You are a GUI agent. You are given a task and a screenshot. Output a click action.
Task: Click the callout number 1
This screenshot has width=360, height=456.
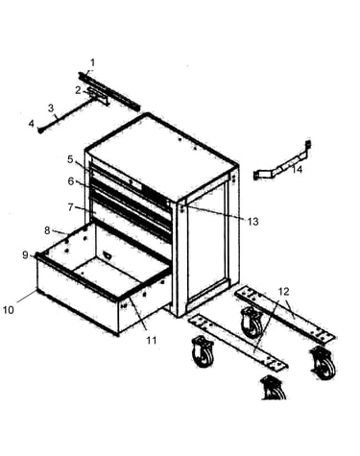click(x=93, y=62)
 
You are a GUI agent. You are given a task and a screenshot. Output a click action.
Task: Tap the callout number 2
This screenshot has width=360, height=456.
click(x=79, y=90)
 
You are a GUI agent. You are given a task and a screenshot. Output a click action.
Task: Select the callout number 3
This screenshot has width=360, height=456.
click(x=51, y=108)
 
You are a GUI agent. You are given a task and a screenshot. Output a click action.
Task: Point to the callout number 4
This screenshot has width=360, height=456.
click(x=32, y=123)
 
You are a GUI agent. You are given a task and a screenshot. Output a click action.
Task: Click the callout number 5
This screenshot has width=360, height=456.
click(x=70, y=159)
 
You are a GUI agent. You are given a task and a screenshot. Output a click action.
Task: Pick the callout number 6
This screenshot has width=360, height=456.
click(x=71, y=181)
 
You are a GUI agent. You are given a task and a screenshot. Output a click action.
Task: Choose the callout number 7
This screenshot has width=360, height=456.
click(x=71, y=207)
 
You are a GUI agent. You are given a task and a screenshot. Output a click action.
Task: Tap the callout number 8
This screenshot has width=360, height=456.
click(x=47, y=230)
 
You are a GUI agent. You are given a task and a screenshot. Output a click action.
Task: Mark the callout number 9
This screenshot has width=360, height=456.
click(x=26, y=255)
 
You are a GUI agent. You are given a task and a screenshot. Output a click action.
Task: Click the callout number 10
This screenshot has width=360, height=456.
click(x=9, y=310)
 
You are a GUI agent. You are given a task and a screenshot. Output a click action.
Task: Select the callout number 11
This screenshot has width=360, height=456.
click(x=152, y=340)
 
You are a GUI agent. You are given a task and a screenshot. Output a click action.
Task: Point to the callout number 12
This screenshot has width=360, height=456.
click(x=284, y=292)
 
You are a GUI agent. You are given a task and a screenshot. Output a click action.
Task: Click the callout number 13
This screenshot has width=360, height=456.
click(x=252, y=222)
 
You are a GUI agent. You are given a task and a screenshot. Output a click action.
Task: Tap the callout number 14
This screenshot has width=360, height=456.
click(x=297, y=169)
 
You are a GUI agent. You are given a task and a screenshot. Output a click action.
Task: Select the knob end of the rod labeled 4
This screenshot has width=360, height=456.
click(x=40, y=131)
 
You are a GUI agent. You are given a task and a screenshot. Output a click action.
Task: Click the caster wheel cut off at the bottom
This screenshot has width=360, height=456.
click(x=274, y=388)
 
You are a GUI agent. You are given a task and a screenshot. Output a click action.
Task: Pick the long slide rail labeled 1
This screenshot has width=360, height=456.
click(x=109, y=91)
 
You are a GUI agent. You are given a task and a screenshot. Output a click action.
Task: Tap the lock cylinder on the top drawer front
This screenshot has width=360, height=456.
click(x=131, y=181)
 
